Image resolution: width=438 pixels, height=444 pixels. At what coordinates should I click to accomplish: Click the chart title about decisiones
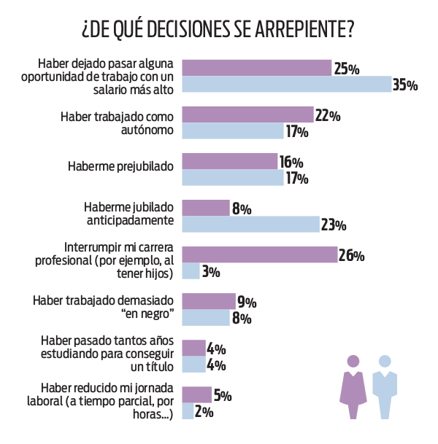point(218,30)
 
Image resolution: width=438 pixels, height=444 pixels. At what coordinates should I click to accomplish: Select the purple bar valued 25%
point(256,69)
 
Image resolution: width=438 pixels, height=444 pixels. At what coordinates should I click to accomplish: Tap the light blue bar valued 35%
point(286,85)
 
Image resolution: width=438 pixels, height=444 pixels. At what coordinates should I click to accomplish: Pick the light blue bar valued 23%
point(250,225)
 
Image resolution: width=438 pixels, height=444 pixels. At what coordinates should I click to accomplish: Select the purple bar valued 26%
point(259,255)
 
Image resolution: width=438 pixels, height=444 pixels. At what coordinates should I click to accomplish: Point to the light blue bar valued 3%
point(191,272)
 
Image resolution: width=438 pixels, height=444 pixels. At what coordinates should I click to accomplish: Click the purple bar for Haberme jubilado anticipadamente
point(205,209)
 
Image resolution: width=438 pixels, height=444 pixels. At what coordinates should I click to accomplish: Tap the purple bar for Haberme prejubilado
point(229,162)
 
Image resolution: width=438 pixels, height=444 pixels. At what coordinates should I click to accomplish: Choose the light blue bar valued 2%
point(188,412)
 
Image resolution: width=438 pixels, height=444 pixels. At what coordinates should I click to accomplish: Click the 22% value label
point(328,115)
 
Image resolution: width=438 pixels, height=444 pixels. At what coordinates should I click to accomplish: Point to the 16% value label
point(291,162)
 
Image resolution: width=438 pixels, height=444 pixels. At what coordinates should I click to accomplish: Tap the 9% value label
point(245,302)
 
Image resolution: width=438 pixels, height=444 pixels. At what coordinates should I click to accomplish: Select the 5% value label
point(222,396)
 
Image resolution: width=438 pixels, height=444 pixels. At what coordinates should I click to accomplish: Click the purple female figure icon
point(353,386)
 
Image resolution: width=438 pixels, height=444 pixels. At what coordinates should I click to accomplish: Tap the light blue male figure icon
point(384,386)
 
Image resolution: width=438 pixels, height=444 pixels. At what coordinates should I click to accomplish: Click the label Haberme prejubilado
point(120,166)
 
